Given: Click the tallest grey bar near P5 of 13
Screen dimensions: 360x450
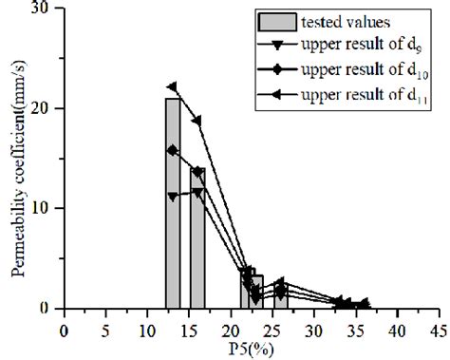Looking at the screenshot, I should click(173, 203).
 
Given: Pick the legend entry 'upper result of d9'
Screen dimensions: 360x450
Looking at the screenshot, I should click(360, 47).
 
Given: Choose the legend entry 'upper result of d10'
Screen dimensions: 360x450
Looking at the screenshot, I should click(361, 71).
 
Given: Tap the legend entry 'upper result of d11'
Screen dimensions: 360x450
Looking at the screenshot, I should click(361, 95).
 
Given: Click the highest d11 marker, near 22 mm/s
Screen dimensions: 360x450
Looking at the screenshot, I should click(172, 87).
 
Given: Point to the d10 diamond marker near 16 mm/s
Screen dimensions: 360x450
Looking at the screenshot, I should click(172, 150).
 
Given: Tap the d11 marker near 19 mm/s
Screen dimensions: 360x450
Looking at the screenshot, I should click(197, 121).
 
